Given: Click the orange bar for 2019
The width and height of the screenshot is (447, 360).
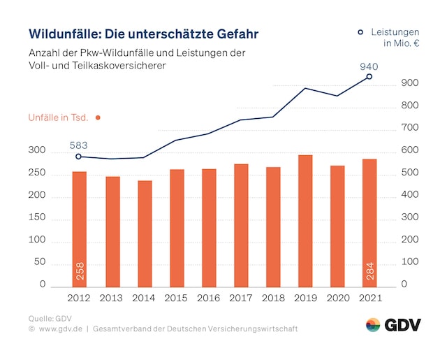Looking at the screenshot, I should pyautogui.click(x=305, y=221).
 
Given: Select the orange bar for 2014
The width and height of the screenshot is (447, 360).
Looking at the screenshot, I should pyautogui.click(x=145, y=233).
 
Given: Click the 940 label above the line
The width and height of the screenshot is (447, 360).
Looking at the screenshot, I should pyautogui.click(x=369, y=66).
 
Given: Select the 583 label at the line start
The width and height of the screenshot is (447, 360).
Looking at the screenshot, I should pyautogui.click(x=79, y=145).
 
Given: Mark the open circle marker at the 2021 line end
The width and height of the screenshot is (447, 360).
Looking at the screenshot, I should pyautogui.click(x=369, y=77).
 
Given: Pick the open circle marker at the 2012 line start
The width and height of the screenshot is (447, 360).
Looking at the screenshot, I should pyautogui.click(x=78, y=157).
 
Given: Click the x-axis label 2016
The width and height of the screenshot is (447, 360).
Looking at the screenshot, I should pyautogui.click(x=209, y=298).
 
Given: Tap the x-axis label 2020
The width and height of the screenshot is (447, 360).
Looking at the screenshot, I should pyautogui.click(x=337, y=298).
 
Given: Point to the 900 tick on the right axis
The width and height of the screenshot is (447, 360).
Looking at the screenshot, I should pyautogui.click(x=410, y=84).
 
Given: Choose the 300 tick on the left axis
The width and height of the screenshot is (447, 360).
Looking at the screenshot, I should pyautogui.click(x=37, y=151).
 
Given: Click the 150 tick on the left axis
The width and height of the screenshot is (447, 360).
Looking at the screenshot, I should pyautogui.click(x=37, y=218).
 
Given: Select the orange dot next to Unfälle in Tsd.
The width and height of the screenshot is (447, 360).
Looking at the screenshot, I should pyautogui.click(x=98, y=117).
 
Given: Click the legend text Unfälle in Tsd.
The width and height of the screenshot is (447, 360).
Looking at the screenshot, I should pyautogui.click(x=58, y=117).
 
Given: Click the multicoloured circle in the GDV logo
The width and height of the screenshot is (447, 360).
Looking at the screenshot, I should pyautogui.click(x=373, y=325).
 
